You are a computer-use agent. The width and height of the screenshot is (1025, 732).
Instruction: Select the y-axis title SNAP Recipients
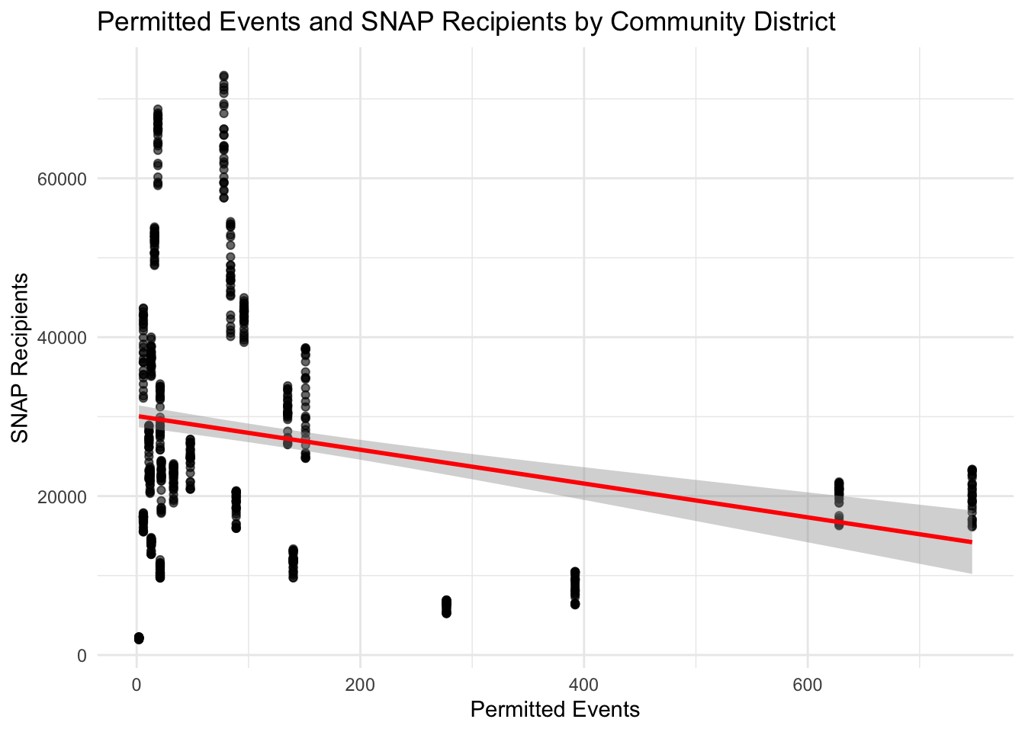(x=20, y=357)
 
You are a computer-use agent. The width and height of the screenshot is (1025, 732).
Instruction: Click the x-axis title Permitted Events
(x=554, y=710)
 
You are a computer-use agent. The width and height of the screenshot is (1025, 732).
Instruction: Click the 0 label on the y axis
(x=82, y=656)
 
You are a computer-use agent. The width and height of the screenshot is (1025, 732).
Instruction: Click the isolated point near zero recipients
(x=139, y=638)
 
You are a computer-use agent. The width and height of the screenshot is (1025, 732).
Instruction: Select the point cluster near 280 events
(x=446, y=607)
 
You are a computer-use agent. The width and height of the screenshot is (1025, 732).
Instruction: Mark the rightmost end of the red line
(x=971, y=542)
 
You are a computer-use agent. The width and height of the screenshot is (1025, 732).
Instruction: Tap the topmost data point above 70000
(x=223, y=76)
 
